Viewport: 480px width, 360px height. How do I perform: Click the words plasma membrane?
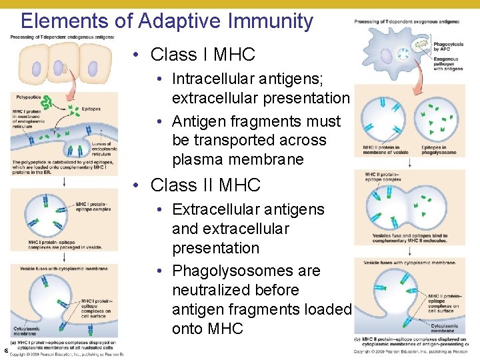coord(238,160)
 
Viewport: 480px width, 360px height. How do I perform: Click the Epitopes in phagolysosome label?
coord(439,150)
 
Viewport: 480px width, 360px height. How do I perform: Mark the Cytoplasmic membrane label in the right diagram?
coord(444,328)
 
